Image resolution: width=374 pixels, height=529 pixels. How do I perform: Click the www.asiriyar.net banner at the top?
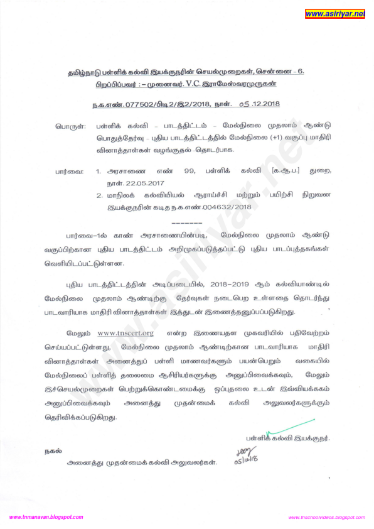pos(334,13)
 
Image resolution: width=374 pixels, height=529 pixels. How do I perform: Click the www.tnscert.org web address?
pos(126,332)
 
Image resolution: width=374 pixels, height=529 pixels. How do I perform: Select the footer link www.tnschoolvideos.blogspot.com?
pos(326,517)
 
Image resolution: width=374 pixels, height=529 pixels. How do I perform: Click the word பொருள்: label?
pos(70,126)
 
